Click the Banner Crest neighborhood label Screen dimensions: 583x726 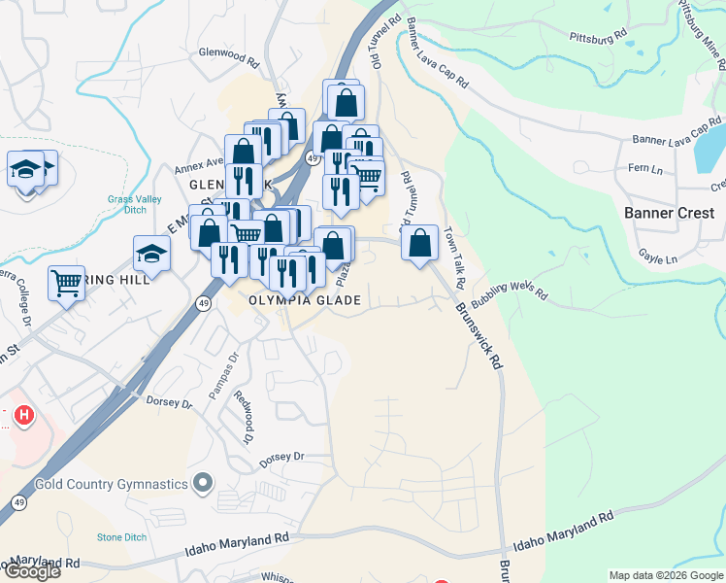click(669, 213)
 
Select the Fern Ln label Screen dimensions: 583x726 click(644, 168)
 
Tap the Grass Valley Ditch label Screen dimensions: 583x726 click(133, 206)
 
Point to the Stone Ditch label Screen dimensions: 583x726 click(120, 537)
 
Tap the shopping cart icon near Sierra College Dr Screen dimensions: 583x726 click(67, 284)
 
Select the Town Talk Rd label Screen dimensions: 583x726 click(455, 257)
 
